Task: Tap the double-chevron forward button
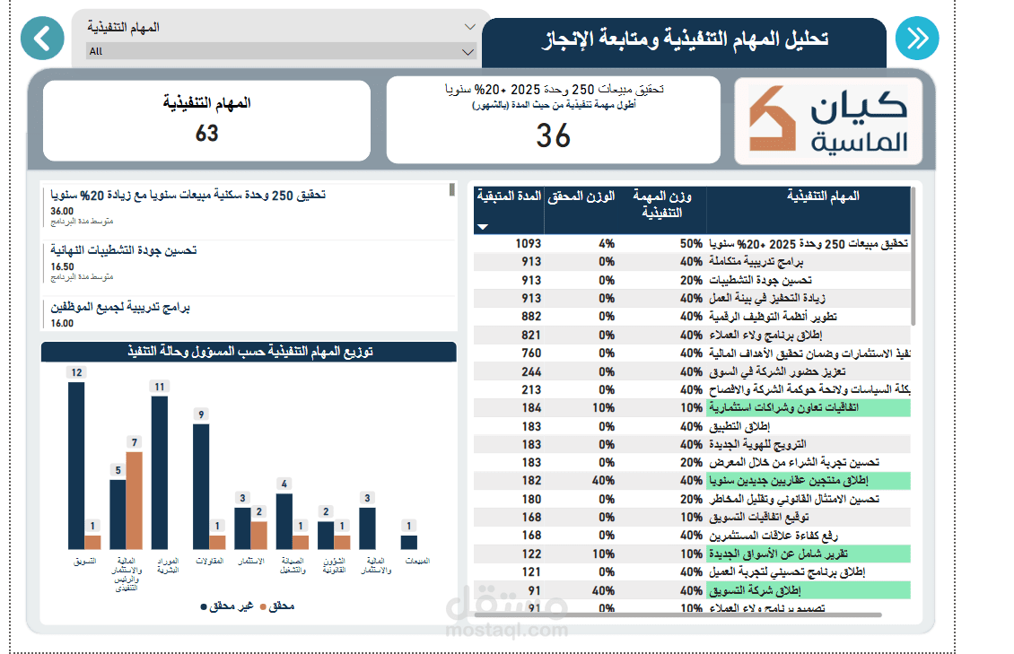click(917, 39)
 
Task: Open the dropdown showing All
click(281, 51)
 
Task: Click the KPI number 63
click(207, 134)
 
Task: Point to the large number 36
click(554, 135)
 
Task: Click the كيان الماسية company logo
click(827, 121)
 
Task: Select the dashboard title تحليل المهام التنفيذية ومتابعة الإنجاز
click(686, 40)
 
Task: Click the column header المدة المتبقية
click(509, 196)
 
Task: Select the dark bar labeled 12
click(76, 465)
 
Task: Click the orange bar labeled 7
click(135, 500)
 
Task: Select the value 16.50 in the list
click(62, 266)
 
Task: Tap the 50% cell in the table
click(690, 243)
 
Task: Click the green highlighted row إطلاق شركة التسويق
click(764, 590)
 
